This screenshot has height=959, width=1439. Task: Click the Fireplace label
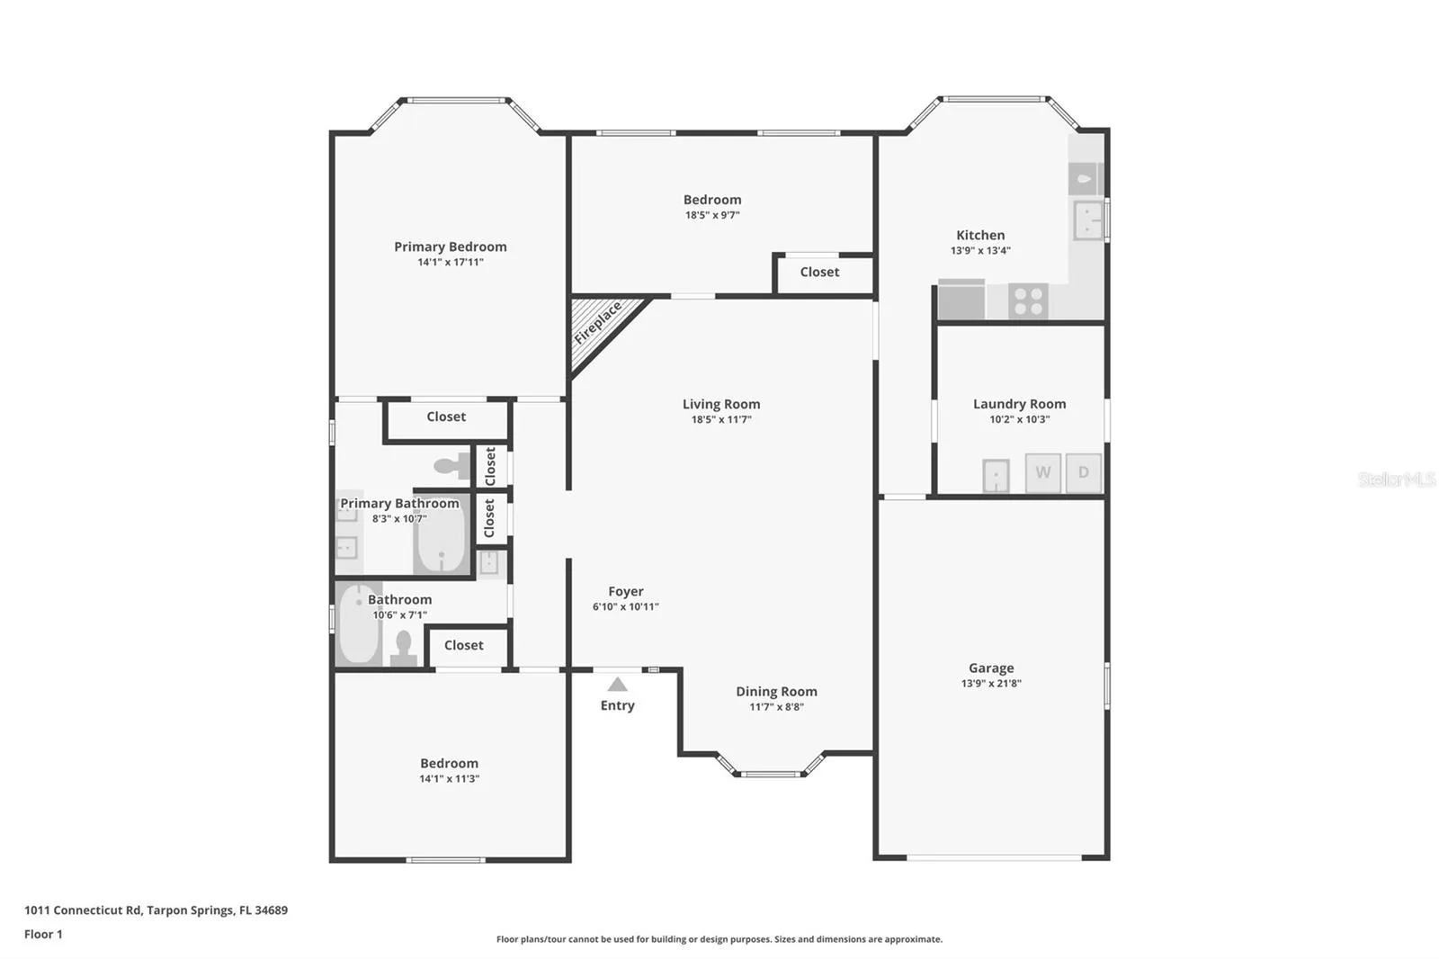point(598,323)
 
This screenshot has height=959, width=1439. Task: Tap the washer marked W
point(1042,472)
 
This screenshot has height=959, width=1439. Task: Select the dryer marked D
point(1084,472)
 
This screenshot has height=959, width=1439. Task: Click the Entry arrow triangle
point(617,684)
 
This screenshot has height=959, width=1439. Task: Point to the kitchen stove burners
point(1028,300)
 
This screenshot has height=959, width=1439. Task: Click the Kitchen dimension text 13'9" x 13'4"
point(980,251)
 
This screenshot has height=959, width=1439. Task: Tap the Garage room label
point(991,668)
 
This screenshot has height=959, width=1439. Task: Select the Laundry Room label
point(1020,404)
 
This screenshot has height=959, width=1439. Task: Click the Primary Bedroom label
point(451,246)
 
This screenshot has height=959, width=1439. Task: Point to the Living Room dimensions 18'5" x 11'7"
point(721,420)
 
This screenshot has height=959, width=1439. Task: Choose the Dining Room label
point(777,692)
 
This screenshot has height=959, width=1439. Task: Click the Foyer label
point(626,591)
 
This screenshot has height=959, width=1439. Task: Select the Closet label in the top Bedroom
point(819,272)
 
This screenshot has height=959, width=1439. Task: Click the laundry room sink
point(996,476)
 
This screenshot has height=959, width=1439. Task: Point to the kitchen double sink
point(1088,220)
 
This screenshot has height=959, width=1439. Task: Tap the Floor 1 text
point(44,935)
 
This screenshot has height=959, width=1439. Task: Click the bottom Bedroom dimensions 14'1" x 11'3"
point(449,779)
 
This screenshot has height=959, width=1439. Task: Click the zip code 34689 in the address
point(271,910)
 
